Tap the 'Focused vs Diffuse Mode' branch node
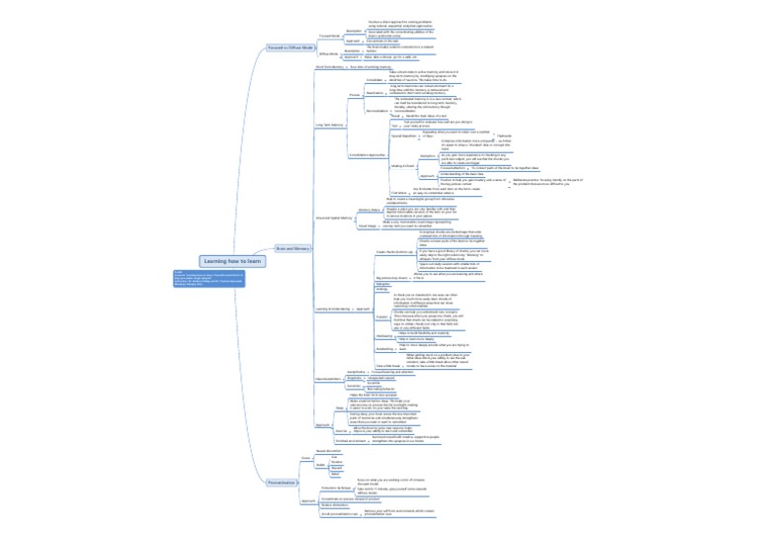point(291,47)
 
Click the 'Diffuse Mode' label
point(329,54)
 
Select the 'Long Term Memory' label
point(330,126)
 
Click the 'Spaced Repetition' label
point(404,136)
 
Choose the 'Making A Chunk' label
point(403,166)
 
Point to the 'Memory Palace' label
point(370,211)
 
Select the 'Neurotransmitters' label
point(328,378)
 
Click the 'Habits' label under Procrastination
point(321,464)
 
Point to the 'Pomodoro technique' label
point(337,489)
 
